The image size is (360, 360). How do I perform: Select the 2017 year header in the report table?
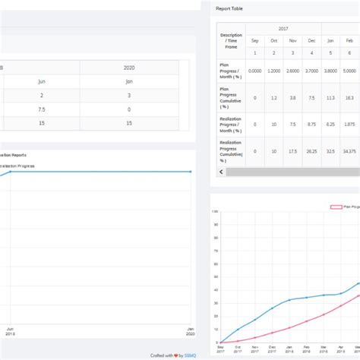pos(283,28)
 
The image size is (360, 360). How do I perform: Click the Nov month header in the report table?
pos(292,40)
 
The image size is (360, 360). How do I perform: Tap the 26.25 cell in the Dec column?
pos(311,151)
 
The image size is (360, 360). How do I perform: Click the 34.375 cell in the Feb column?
pos(349,151)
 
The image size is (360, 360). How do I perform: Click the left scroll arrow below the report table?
pos(221,172)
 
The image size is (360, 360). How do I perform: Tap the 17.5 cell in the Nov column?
pos(292,151)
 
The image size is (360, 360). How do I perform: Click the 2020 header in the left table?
pos(128,68)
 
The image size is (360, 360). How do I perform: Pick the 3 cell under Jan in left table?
pos(128,95)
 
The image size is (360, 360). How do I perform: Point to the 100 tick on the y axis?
pos(215,211)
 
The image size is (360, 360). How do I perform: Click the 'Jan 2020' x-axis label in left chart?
pos(192,332)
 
